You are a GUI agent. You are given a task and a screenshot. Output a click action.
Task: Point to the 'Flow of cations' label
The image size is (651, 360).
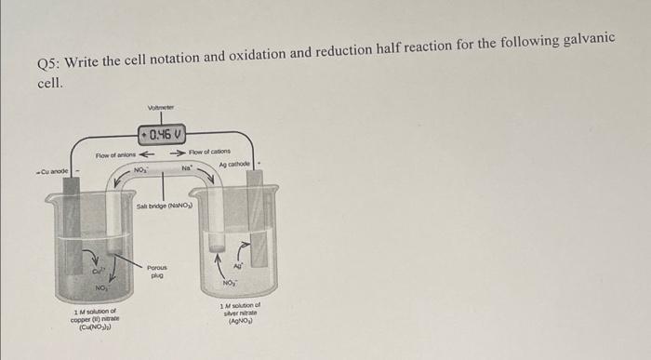[209, 152]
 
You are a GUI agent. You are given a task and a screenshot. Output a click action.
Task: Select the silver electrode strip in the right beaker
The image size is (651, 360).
[260, 223]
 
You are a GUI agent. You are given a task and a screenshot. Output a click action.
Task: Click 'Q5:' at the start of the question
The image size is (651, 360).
[47, 63]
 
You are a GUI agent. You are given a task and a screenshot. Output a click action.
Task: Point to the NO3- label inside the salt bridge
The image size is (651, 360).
[141, 170]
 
